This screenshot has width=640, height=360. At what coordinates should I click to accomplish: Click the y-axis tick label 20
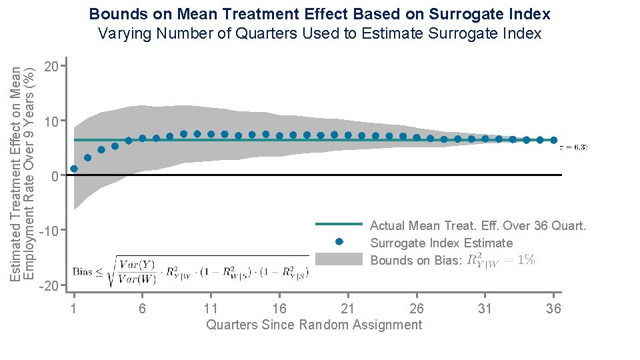pos(51,66)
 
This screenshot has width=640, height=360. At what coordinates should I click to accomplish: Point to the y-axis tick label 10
pos(51,121)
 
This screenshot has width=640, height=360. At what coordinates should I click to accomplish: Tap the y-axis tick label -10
pos(48,231)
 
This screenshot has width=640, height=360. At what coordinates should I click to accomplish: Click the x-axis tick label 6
pos(142,308)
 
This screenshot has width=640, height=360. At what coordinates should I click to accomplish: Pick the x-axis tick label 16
pos(279,308)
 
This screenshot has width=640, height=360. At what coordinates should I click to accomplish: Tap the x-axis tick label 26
pos(417,308)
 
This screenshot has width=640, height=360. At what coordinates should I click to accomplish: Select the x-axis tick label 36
pos(553,308)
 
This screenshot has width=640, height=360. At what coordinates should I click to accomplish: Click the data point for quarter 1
pos(74,169)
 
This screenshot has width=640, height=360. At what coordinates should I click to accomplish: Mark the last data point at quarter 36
pos(553,140)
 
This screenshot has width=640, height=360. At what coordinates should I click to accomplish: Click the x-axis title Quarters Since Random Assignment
pos(314,325)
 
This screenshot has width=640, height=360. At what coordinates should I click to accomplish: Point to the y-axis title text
pos(23,173)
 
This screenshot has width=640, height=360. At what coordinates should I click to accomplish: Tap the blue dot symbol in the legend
pos(339,241)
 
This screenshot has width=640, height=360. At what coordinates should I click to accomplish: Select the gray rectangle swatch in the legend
pos(338,259)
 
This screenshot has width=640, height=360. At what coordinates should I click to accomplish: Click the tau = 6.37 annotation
pos(573,147)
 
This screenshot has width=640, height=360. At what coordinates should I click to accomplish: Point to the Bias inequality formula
pos(191,271)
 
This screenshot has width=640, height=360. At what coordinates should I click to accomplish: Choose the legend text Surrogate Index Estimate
pos(441,243)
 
